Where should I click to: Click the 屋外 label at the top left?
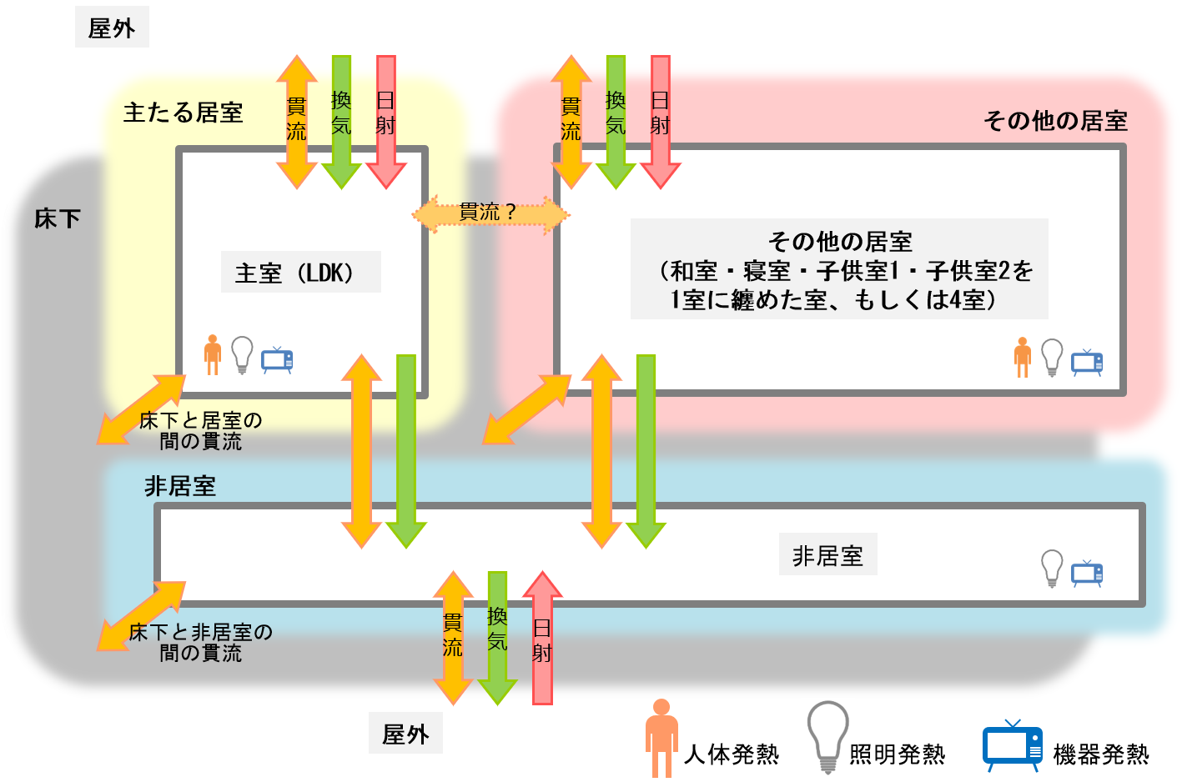pyautogui.click(x=112, y=29)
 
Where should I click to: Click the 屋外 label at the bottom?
pyautogui.click(x=405, y=734)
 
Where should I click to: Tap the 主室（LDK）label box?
pyautogui.click(x=300, y=273)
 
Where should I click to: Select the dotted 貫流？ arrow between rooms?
pyautogui.click(x=490, y=213)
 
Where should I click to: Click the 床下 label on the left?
pyautogui.click(x=58, y=219)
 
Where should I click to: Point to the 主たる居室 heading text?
pyautogui.click(x=183, y=113)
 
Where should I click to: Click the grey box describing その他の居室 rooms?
pyautogui.click(x=838, y=269)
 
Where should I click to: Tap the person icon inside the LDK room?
pyautogui.click(x=213, y=354)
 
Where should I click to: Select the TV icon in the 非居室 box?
pyautogui.click(x=1087, y=573)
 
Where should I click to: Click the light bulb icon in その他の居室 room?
pyautogui.click(x=1052, y=358)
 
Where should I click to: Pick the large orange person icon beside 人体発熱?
pyautogui.click(x=661, y=737)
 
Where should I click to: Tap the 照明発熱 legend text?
pyautogui.click(x=897, y=754)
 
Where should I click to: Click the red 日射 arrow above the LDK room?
pyautogui.click(x=385, y=121)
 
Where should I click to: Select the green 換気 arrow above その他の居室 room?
pyautogui.click(x=616, y=121)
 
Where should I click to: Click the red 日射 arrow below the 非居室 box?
pyautogui.click(x=542, y=638)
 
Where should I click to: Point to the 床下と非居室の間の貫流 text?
pyautogui.click(x=200, y=642)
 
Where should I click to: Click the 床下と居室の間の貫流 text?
pyautogui.click(x=200, y=431)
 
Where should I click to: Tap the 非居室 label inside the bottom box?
pyautogui.click(x=827, y=555)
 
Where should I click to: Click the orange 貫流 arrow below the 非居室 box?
pyautogui.click(x=453, y=638)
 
